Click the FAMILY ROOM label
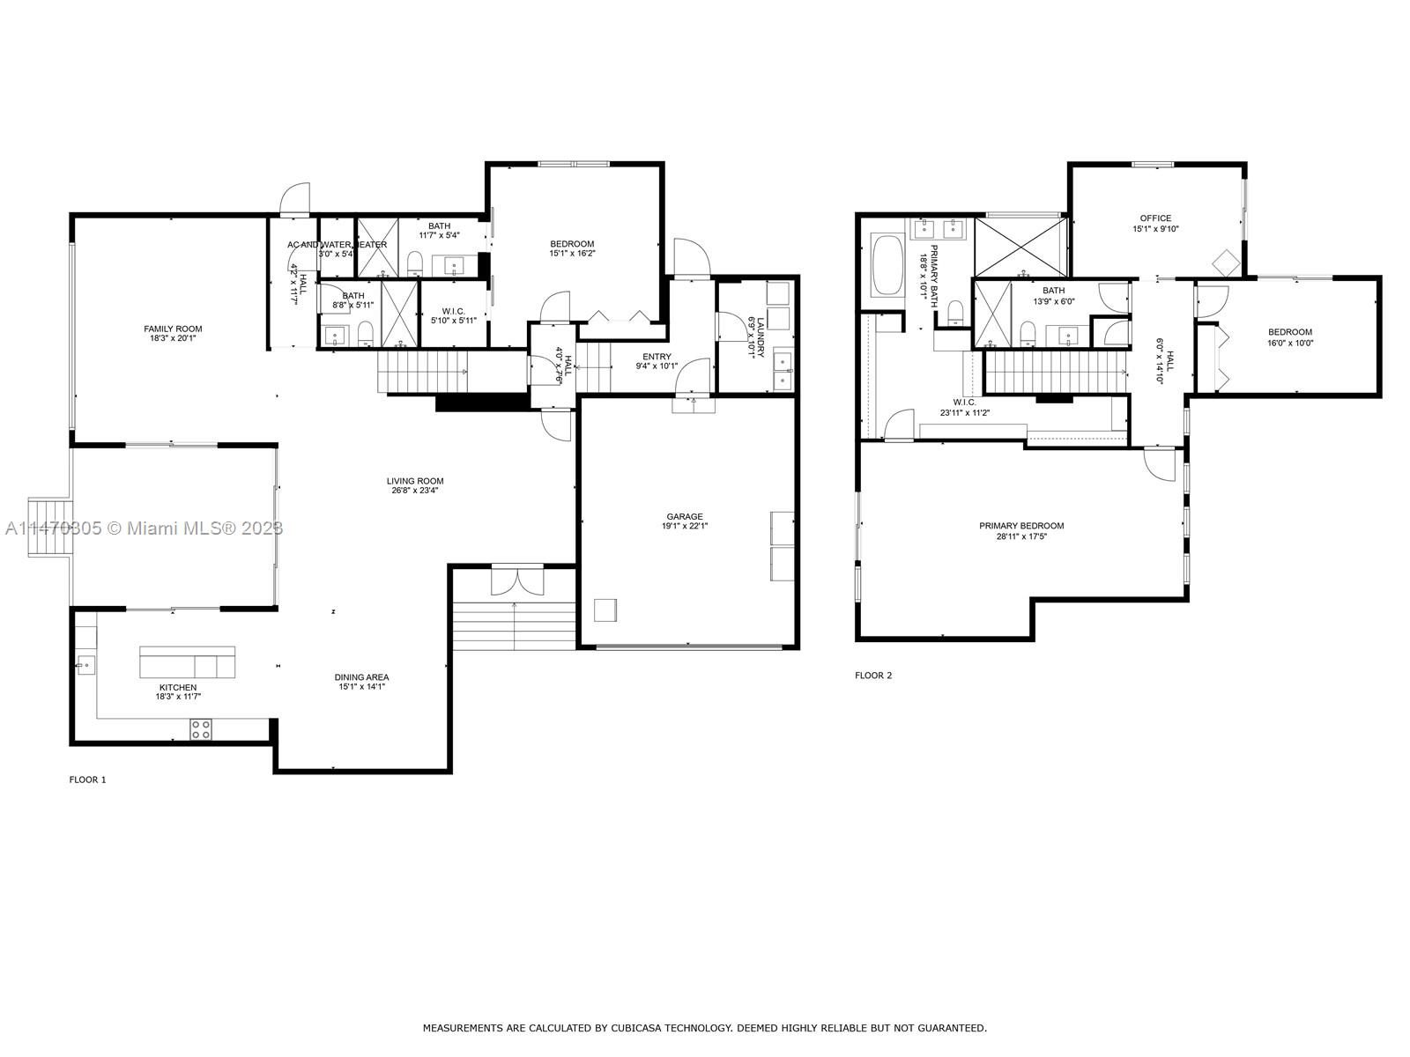pos(173,329)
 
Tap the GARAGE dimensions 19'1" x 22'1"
pos(685,526)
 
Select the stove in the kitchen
pos(201,728)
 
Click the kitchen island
pos(188,662)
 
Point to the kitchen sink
pos(85,664)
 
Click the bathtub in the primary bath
pos(887,265)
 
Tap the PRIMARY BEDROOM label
pos(1021,526)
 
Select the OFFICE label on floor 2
pos(1155,218)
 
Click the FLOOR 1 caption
pos(87,780)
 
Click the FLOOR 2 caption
pos(873,676)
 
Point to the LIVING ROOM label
pos(415,481)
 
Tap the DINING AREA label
pos(361,677)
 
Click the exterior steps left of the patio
pos(48,527)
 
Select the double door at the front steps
pos(513,581)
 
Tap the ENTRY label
pos(657,357)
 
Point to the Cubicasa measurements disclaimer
pos(704,1028)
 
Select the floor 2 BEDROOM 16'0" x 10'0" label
pos(1290,332)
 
